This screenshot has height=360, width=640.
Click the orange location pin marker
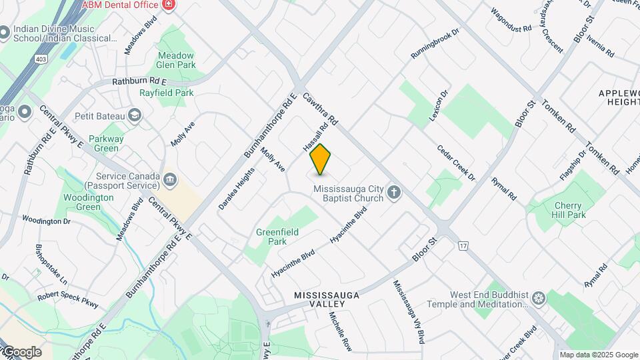point(321,159)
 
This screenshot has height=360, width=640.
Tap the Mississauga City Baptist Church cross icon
point(394,193)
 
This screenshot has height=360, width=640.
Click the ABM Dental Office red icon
point(168,5)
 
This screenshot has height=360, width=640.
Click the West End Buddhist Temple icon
point(539,298)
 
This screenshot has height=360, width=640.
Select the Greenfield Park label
point(277,237)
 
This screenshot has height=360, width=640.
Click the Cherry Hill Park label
point(569,211)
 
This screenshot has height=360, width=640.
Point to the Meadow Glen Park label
point(177,60)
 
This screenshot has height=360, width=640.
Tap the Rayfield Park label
point(167,93)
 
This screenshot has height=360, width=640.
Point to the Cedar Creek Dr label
point(456,163)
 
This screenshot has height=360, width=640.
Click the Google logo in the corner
point(21,351)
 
